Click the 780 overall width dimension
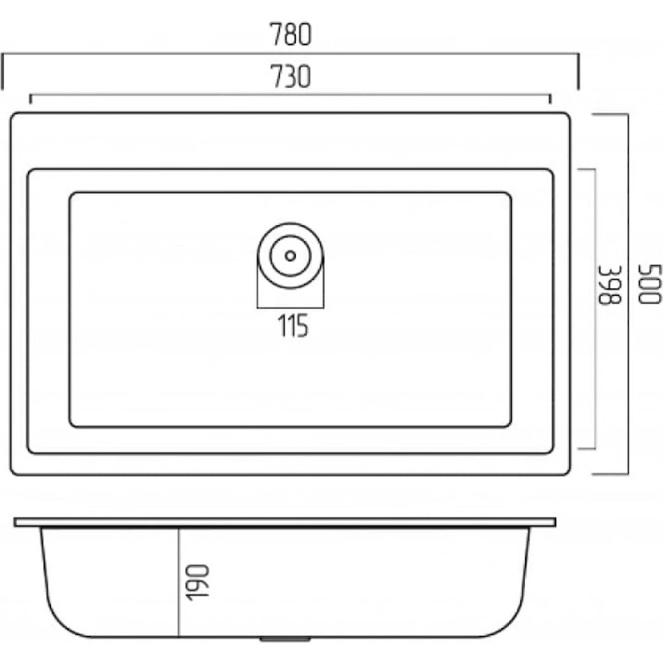coord(291,34)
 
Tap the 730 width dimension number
coord(291,77)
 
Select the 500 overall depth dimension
coord(649,284)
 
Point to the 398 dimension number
coord(610,285)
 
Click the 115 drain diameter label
coord(293,325)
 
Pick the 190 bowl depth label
coord(198,582)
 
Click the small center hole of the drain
coord(290,255)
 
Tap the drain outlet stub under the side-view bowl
coord(285,639)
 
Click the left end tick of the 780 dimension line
coord(3,71)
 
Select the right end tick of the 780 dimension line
coord(578,71)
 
